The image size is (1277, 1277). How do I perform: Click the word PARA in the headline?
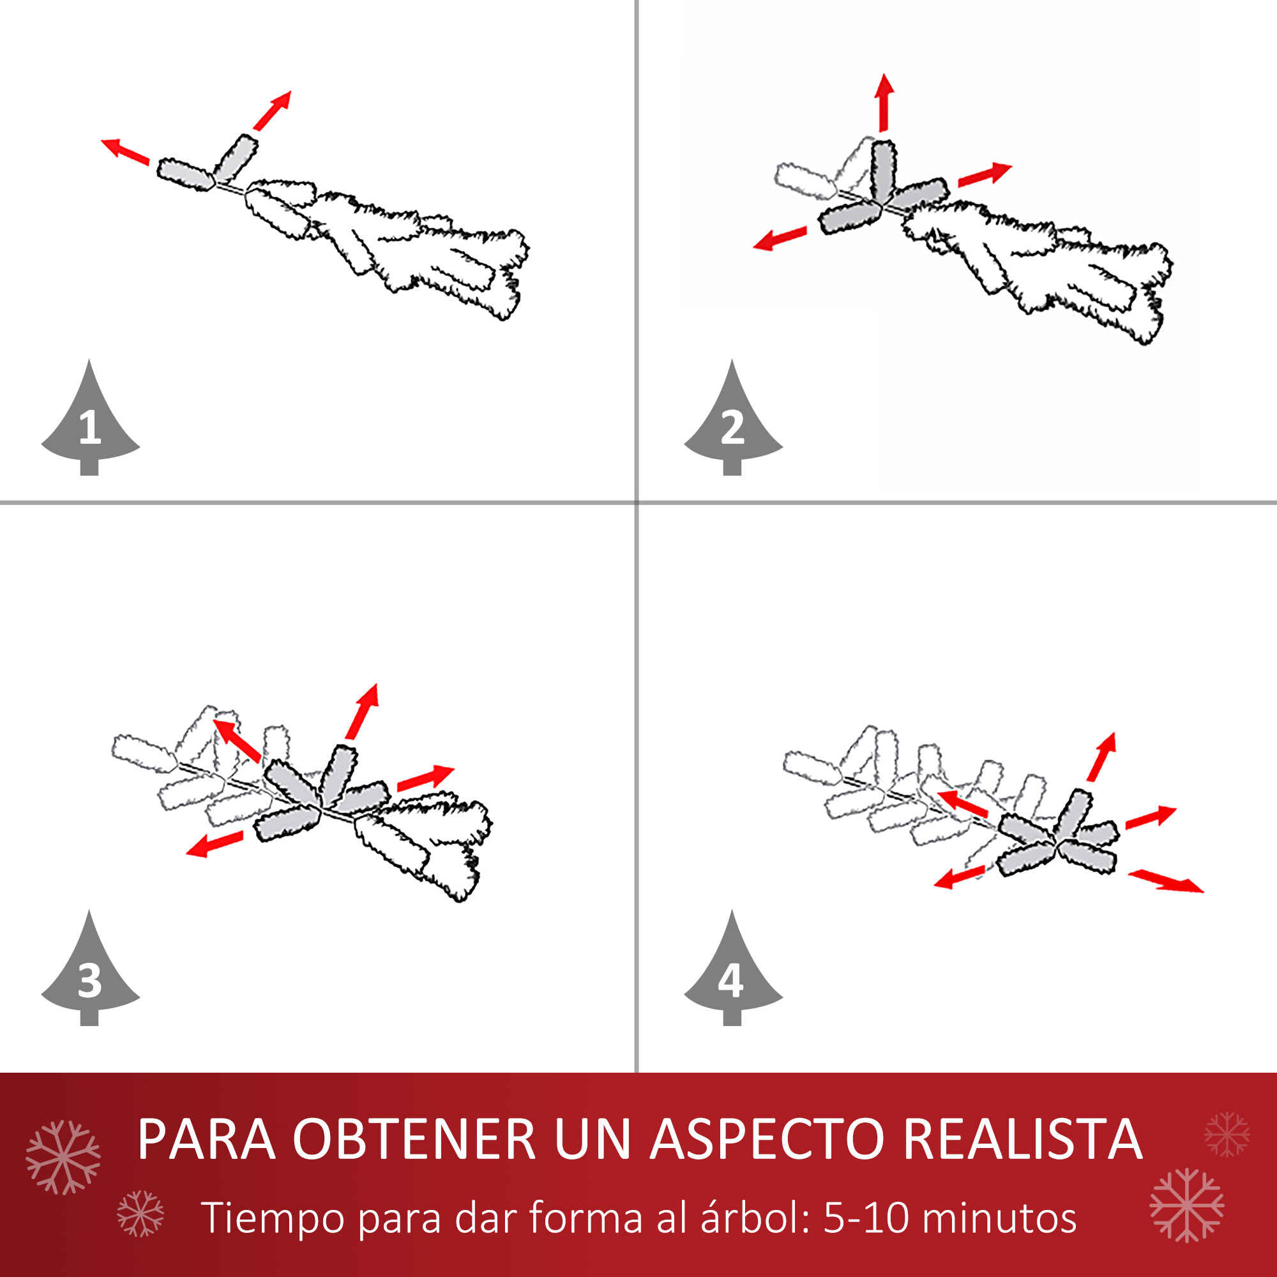206,1138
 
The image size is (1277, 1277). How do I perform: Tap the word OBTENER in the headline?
414,1138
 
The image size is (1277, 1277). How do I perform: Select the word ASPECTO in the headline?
767,1138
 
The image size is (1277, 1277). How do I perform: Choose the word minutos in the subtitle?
998,1218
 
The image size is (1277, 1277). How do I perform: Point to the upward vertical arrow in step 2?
885,102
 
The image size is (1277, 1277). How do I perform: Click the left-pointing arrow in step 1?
125,151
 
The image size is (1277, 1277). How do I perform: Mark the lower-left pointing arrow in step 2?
780,239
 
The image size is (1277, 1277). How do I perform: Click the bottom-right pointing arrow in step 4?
1166,882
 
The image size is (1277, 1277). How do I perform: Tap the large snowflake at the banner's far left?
63,1158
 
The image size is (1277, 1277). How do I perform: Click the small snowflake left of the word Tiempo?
140,1214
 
